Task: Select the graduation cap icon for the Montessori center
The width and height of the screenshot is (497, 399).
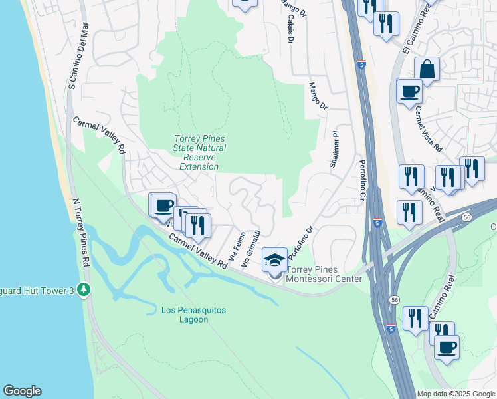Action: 274,260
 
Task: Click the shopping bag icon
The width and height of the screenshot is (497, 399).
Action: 427,68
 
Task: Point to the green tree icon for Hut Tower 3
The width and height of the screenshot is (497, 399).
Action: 83,290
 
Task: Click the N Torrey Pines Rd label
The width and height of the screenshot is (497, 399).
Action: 78,223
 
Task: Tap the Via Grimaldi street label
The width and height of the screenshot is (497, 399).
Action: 252,249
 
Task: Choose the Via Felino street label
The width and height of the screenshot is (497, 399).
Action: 237,245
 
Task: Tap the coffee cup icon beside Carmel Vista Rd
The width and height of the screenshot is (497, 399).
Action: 409,90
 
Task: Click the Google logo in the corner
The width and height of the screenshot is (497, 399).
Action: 22,391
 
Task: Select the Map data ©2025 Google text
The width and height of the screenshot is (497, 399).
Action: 455,394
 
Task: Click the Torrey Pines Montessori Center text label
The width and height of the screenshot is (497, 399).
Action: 324,274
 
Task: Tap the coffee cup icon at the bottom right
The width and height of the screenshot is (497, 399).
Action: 447,347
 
